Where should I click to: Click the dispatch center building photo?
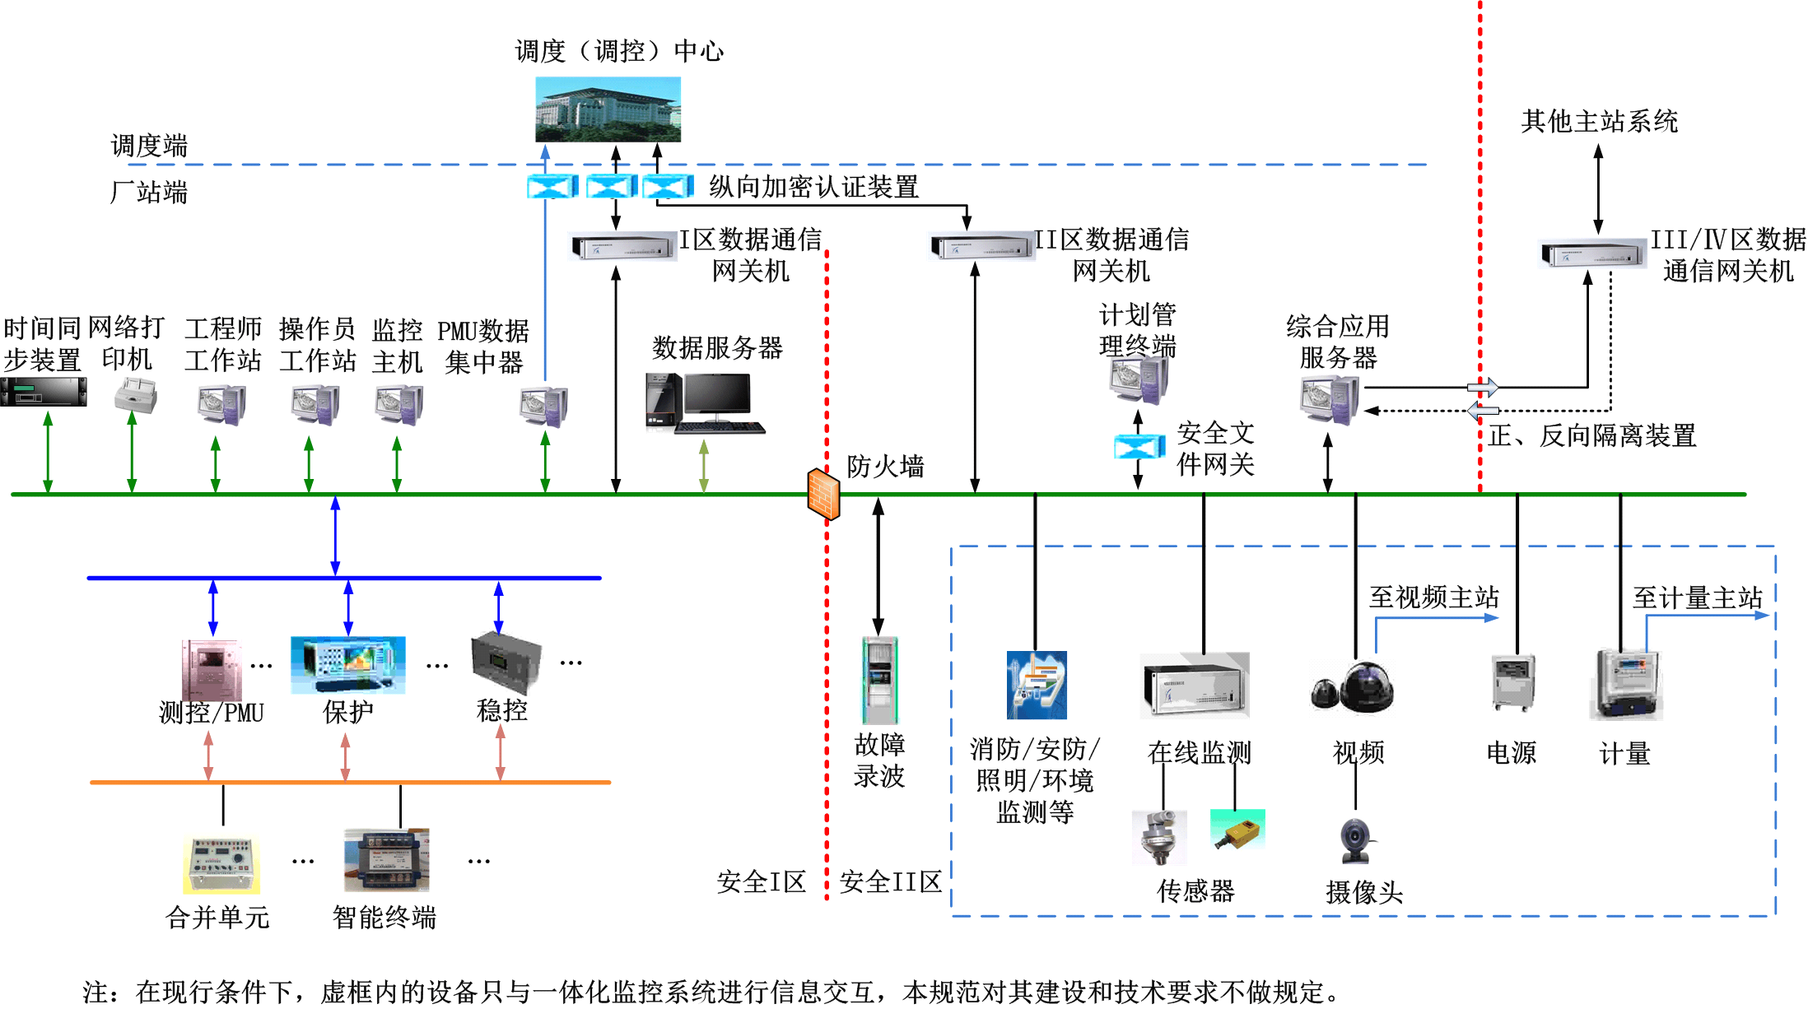point(608,109)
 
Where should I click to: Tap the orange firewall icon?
point(823,494)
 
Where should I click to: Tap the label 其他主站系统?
point(1598,122)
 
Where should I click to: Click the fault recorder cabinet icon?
point(879,680)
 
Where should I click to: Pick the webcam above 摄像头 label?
point(1355,840)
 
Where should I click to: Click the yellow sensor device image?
point(1237,830)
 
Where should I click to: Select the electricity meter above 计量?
point(1627,685)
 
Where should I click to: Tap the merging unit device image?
point(221,865)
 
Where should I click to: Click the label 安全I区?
point(761,882)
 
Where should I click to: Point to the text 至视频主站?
point(1433,597)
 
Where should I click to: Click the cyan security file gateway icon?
point(1139,447)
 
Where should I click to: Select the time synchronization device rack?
point(44,392)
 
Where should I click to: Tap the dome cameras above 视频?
point(1354,688)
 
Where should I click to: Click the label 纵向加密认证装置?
point(813,188)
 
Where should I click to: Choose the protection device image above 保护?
point(347,665)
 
